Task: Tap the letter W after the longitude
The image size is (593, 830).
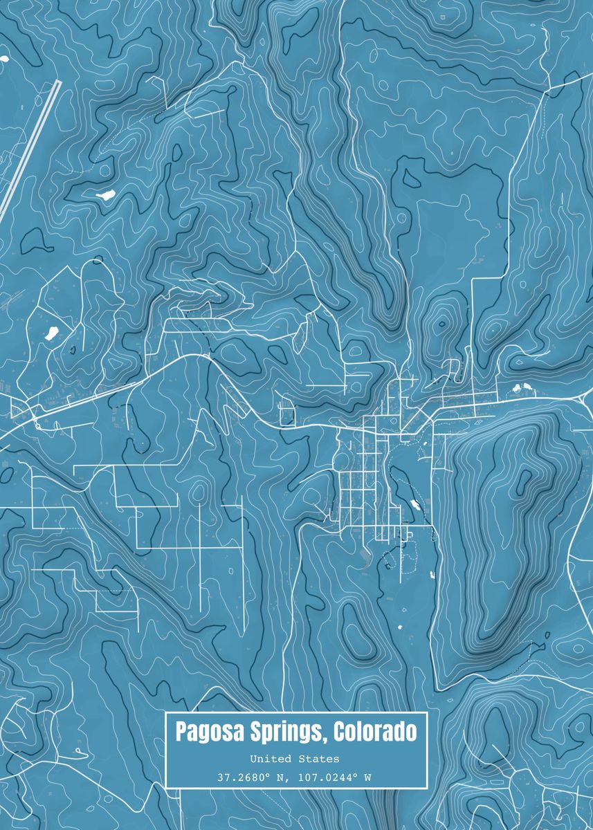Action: [x=367, y=777]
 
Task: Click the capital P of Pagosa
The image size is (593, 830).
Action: [x=181, y=732]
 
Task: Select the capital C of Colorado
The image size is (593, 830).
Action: [x=339, y=732]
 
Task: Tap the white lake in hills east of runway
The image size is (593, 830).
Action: [x=107, y=196]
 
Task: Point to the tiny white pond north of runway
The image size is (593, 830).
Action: [x=3, y=58]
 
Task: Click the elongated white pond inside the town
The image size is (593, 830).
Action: [x=415, y=504]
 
